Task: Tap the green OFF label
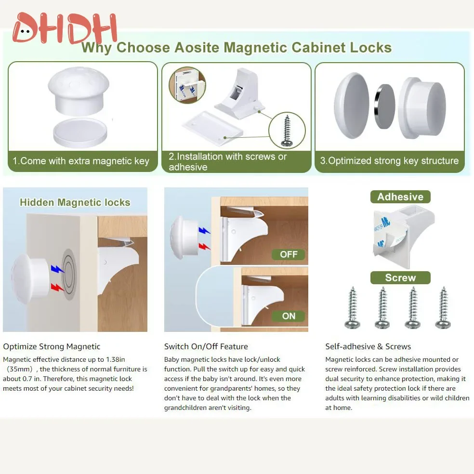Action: pos(288,254)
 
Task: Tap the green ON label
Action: pos(288,316)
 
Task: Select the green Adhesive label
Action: pos(400,197)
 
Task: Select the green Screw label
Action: pos(400,278)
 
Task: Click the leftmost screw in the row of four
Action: pos(353,308)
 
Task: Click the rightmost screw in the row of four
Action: pos(443,308)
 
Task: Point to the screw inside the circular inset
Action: pos(287,130)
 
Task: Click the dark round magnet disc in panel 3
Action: pos(384,106)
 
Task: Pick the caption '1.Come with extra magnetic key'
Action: pos(81,161)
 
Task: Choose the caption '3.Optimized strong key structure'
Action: pos(389,161)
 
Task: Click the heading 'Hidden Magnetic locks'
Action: pos(75,202)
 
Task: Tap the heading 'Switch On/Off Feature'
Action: pos(206,346)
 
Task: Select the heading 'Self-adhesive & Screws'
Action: pos(368,346)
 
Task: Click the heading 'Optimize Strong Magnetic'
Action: pos(52,346)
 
